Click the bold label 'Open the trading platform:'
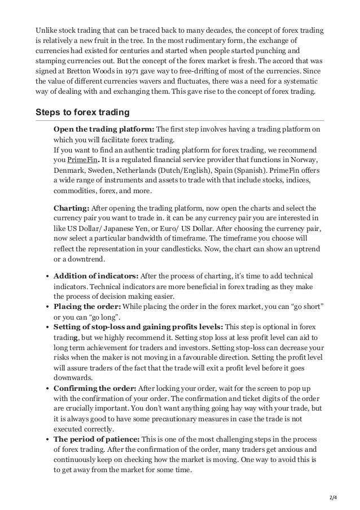tap(103, 130)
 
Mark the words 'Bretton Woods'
tap(91, 71)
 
